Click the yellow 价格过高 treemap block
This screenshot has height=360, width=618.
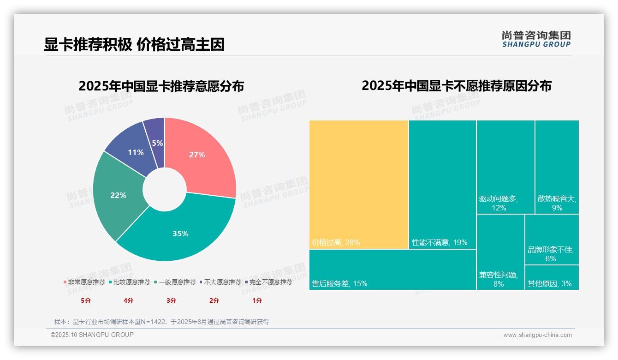tap(358, 185)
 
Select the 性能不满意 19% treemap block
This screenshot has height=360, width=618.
tap(442, 185)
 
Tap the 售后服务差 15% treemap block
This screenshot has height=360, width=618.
tap(392, 270)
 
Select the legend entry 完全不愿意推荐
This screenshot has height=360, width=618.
tap(270, 282)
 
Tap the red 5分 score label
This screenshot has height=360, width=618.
tap(86, 300)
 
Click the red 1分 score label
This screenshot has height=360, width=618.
tap(257, 300)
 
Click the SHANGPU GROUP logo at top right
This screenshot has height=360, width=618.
tap(536, 39)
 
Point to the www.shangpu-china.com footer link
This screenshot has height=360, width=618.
tap(537, 335)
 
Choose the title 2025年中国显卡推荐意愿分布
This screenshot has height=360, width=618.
tap(161, 86)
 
